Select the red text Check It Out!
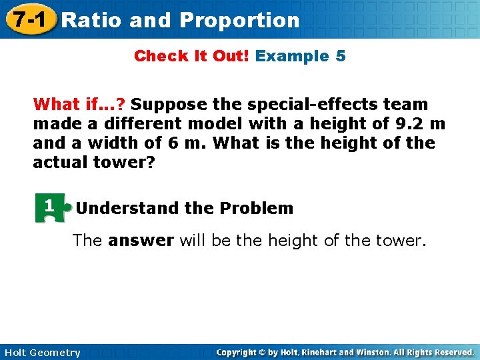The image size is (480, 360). click(191, 56)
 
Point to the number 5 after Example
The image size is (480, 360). click(341, 56)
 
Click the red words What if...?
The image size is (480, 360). click(79, 104)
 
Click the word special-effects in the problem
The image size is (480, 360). click(277, 104)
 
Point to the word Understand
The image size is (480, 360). click(128, 208)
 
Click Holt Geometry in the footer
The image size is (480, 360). click(42, 353)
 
